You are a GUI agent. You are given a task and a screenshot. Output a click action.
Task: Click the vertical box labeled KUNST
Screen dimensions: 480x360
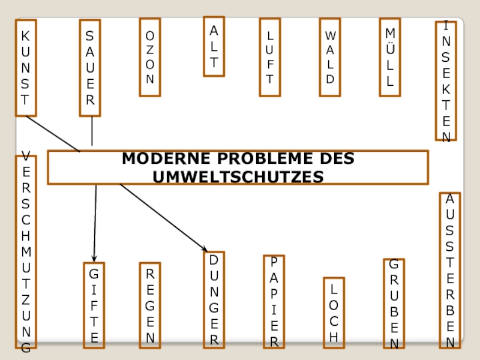coord(26,67)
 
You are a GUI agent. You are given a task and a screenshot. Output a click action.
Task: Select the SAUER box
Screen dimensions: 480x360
coord(90,68)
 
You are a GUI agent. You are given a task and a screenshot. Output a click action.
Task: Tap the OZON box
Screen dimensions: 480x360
coord(150,57)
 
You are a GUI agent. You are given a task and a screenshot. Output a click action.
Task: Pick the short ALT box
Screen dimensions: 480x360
coord(214,47)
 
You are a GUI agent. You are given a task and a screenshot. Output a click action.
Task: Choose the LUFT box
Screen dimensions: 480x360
coord(270,57)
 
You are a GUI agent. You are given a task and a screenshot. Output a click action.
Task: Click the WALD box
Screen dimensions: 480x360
coord(330,57)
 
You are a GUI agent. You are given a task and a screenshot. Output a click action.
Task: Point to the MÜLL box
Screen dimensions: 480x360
coord(390,57)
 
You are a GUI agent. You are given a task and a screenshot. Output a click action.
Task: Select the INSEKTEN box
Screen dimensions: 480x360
coord(446,81)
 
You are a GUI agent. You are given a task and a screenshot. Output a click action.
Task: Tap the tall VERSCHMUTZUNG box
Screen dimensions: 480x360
coord(26,252)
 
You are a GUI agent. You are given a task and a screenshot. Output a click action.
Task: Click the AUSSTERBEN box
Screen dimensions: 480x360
coord(450,271)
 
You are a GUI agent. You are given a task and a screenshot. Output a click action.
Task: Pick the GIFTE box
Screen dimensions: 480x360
coord(94,305)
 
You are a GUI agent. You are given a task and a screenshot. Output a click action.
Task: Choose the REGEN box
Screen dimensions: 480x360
coord(150,305)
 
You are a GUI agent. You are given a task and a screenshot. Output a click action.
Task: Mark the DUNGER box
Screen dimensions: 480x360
coord(214,300)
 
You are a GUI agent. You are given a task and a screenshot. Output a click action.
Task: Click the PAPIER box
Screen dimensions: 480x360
coord(274,302)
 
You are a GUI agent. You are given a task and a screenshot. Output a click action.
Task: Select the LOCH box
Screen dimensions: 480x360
coord(334,313)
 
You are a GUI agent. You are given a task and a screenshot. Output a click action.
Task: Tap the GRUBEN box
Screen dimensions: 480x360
coord(394,304)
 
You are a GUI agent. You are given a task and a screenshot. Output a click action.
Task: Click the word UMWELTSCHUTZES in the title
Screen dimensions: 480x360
coord(238,176)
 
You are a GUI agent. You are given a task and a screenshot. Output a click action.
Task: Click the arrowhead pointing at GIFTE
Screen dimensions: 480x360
coord(94,259)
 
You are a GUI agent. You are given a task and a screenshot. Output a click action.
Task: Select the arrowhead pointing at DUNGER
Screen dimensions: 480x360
coord(205,249)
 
